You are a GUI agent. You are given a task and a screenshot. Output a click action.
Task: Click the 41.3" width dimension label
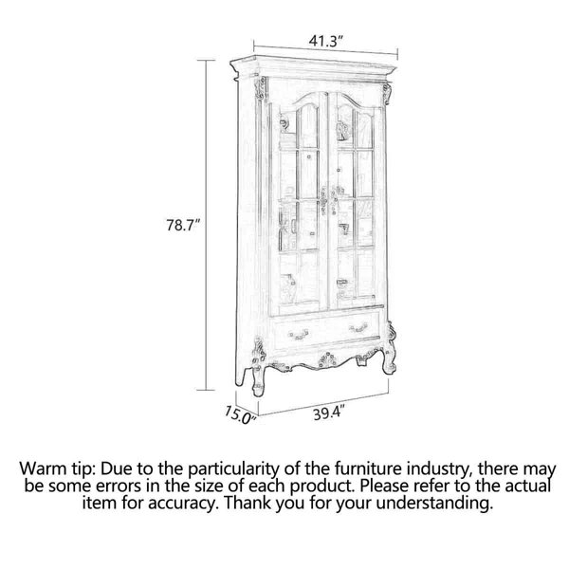[325, 41]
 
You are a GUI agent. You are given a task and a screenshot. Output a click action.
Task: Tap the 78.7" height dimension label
[183, 225]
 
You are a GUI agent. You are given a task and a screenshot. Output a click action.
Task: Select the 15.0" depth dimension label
[240, 414]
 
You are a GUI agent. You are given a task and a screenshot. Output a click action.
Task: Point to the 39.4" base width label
[329, 413]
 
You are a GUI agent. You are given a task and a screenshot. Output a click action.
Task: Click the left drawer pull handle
[298, 334]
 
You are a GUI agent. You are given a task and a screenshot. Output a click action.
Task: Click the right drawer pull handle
[358, 328]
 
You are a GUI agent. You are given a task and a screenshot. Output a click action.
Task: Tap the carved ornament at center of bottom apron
[327, 359]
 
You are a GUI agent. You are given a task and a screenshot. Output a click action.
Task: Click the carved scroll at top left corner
[260, 87]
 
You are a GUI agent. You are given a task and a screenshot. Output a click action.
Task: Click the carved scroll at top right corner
[387, 93]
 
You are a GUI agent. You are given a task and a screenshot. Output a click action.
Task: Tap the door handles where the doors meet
[328, 199]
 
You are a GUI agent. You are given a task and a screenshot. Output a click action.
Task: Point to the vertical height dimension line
[207, 225]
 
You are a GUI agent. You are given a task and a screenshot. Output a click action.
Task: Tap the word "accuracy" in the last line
[182, 504]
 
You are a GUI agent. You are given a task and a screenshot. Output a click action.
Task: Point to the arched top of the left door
[308, 98]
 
